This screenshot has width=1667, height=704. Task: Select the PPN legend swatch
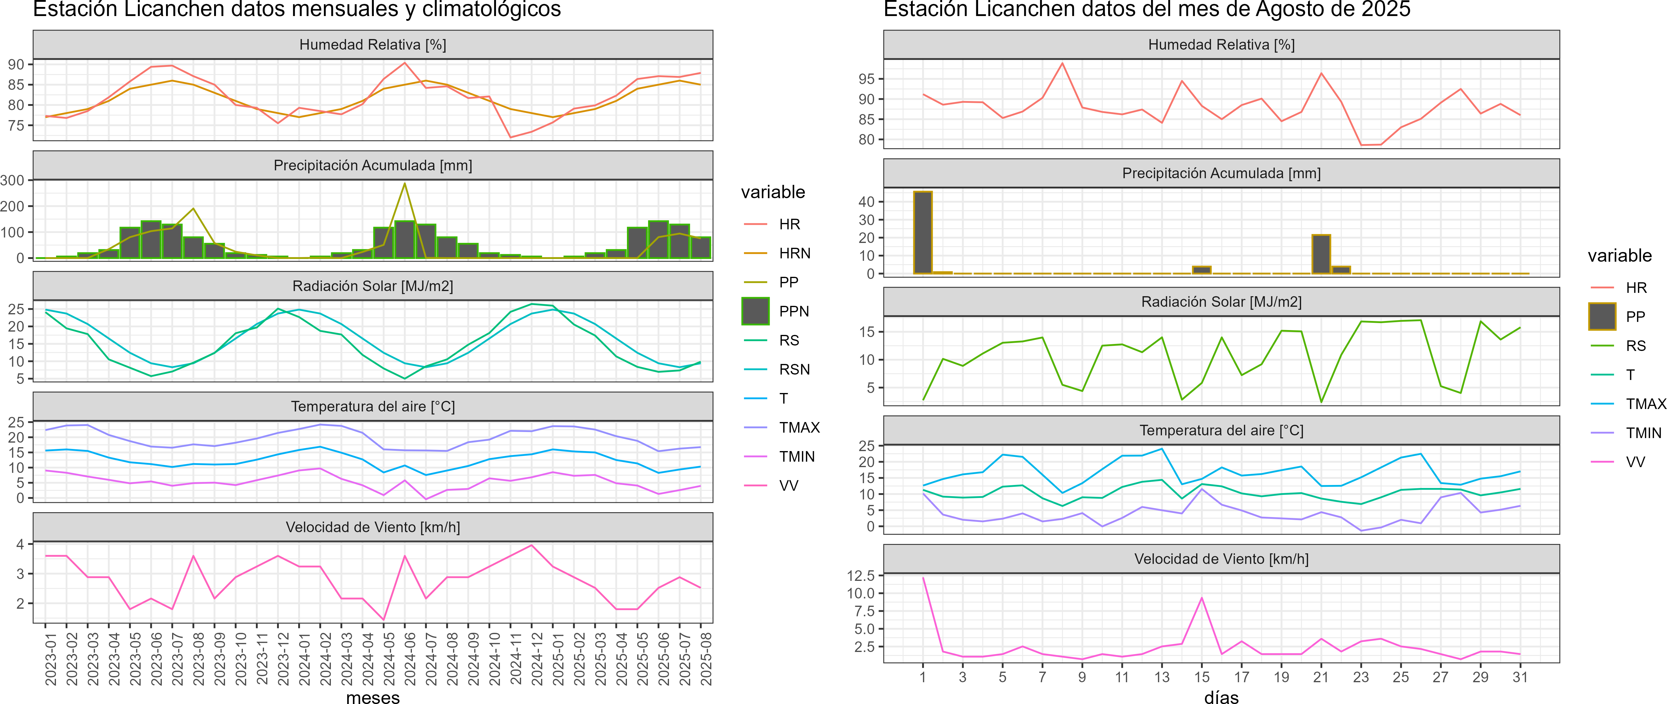(x=755, y=311)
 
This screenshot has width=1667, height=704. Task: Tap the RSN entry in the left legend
(x=794, y=369)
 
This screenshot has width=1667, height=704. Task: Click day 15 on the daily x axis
(x=1202, y=677)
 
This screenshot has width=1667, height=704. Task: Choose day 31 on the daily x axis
(x=1520, y=677)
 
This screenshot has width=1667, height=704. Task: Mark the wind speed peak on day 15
(x=1202, y=598)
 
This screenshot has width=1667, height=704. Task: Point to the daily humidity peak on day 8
(x=1062, y=64)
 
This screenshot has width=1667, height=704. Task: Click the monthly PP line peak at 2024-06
(x=405, y=184)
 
